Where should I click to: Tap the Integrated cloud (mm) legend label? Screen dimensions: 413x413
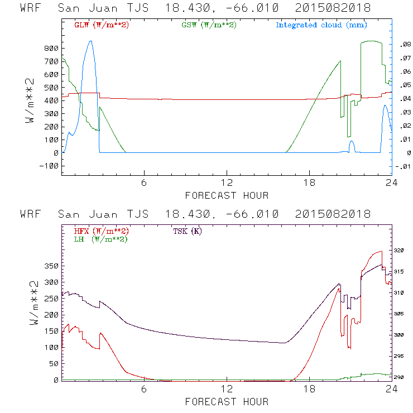pos(321,25)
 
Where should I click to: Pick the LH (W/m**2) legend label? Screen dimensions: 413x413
pos(99,239)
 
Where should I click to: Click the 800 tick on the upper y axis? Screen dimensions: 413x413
pos(51,49)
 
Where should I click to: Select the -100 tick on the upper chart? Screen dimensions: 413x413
pos(49,166)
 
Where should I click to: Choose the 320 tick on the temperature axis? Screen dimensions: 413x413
pos(403,251)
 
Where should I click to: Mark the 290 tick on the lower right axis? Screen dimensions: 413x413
pos(403,378)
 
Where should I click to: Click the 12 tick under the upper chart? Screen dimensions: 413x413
pos(227,184)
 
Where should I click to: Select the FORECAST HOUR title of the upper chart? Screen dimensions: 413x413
pos(227,195)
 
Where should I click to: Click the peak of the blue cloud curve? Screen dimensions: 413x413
pos(91,41)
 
